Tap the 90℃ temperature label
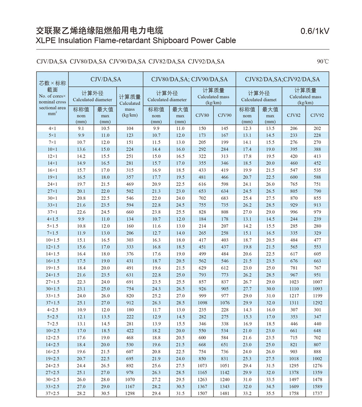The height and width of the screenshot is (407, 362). [x=323, y=62]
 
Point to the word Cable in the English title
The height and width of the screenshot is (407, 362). [x=224, y=40]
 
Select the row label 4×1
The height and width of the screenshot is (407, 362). [x=52, y=128]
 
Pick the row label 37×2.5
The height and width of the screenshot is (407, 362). [x=52, y=393]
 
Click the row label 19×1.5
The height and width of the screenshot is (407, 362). [x=52, y=268]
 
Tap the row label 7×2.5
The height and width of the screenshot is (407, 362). [x=52, y=324]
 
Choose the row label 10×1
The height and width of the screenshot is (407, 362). [x=52, y=149]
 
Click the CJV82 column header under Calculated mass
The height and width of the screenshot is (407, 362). [x=294, y=115]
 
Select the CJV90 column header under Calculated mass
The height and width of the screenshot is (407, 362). [x=224, y=115]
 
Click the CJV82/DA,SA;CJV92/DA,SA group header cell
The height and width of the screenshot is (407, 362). [x=282, y=79]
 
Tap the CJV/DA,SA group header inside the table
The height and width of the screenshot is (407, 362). [x=106, y=79]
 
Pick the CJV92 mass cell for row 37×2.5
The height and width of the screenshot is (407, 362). [x=317, y=393]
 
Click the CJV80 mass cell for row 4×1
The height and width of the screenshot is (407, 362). [x=202, y=128]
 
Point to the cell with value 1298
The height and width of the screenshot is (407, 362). [x=130, y=393]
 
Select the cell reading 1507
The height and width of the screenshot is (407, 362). [x=202, y=393]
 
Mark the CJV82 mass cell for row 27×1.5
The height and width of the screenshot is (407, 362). [x=294, y=282]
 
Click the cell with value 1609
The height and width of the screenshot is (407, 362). [x=294, y=386]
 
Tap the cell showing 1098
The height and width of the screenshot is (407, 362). [x=202, y=303]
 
